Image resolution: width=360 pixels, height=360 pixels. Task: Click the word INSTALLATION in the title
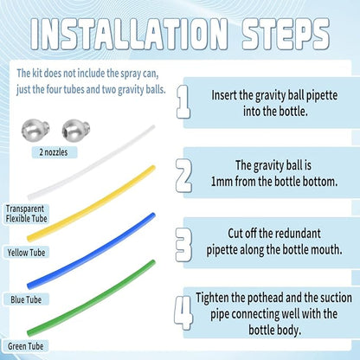(x=129, y=34)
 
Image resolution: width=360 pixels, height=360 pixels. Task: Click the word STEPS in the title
(x=286, y=34)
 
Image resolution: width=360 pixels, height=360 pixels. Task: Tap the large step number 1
(x=183, y=101)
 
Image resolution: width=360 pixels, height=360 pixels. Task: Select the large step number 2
(x=183, y=175)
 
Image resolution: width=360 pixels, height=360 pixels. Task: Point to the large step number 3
(x=183, y=245)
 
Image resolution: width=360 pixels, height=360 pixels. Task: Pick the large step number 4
(x=183, y=313)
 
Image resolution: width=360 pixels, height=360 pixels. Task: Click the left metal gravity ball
(x=35, y=130)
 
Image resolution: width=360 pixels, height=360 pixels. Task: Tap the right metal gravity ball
(x=76, y=130)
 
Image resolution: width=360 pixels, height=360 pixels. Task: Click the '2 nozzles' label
(x=54, y=152)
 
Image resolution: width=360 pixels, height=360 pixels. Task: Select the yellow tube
(x=91, y=203)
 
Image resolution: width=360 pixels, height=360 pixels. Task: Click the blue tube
(x=91, y=251)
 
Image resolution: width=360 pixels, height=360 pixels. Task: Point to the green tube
(x=91, y=298)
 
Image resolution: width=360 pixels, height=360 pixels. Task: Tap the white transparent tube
(x=91, y=163)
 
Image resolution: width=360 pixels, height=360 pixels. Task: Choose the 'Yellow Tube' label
(x=26, y=253)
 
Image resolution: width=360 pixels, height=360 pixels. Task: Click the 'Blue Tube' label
(x=26, y=299)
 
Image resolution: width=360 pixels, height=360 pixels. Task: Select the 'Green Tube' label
(x=26, y=346)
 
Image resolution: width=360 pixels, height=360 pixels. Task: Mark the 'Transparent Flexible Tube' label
(x=26, y=214)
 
